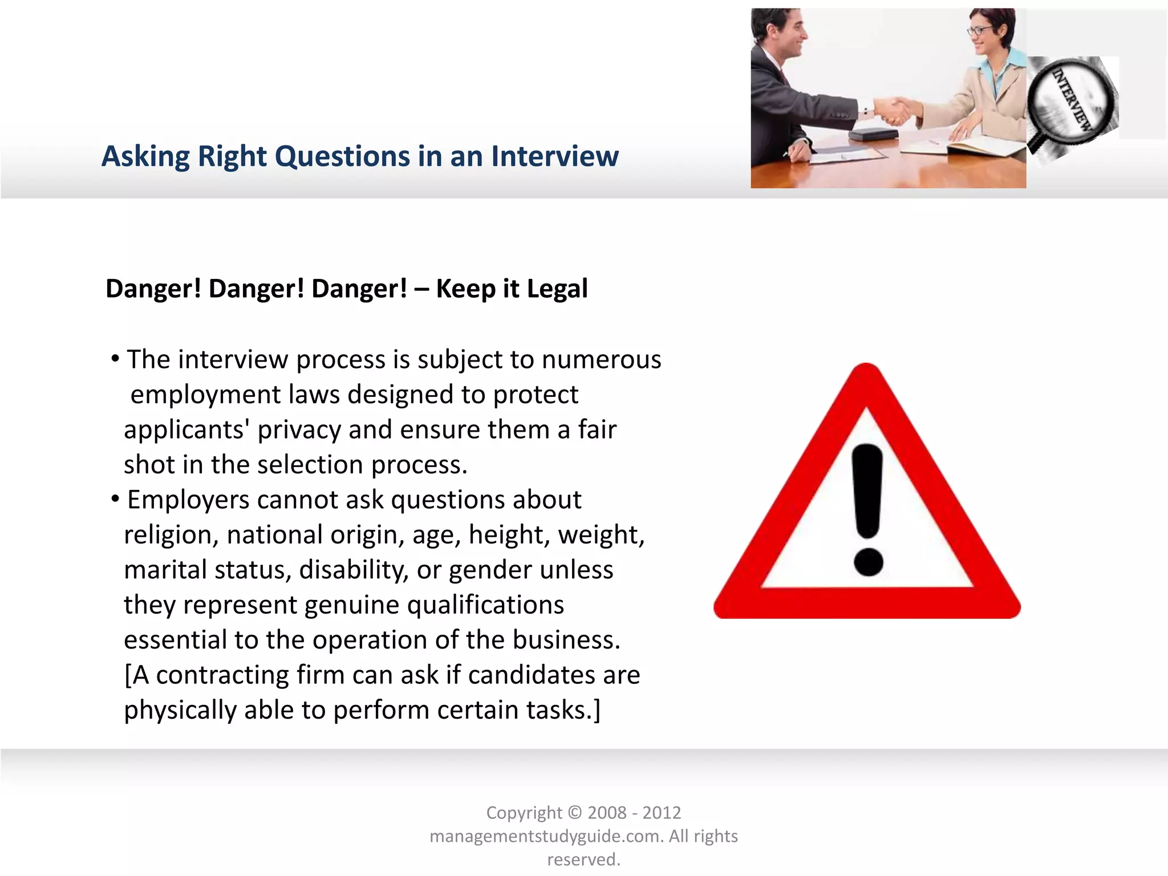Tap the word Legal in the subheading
(557, 289)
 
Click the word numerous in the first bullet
(601, 360)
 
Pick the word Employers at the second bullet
(188, 500)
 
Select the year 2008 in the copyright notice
(607, 813)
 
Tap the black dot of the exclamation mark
(868, 562)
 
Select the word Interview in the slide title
(554, 157)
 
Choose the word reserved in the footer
(582, 859)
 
